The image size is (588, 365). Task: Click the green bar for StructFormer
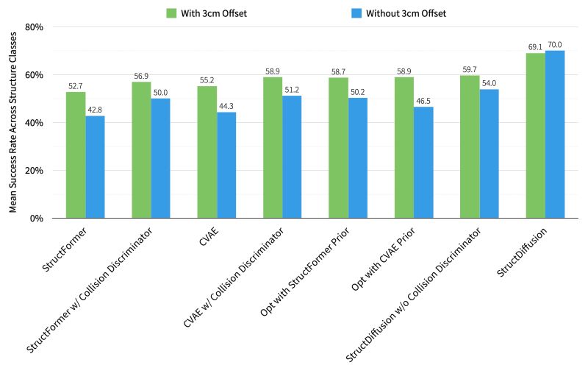[76, 155]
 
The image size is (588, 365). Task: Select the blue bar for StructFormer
[95, 167]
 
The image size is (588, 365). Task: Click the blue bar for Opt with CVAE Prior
[423, 163]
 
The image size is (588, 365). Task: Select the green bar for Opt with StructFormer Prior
[338, 148]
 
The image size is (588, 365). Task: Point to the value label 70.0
[555, 45]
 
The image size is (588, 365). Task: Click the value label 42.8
[95, 110]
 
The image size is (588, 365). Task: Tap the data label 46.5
[423, 102]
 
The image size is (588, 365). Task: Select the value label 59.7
[470, 70]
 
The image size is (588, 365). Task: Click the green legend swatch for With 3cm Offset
[171, 13]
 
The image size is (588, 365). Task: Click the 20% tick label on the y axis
[35, 171]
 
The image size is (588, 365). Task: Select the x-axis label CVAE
[212, 237]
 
